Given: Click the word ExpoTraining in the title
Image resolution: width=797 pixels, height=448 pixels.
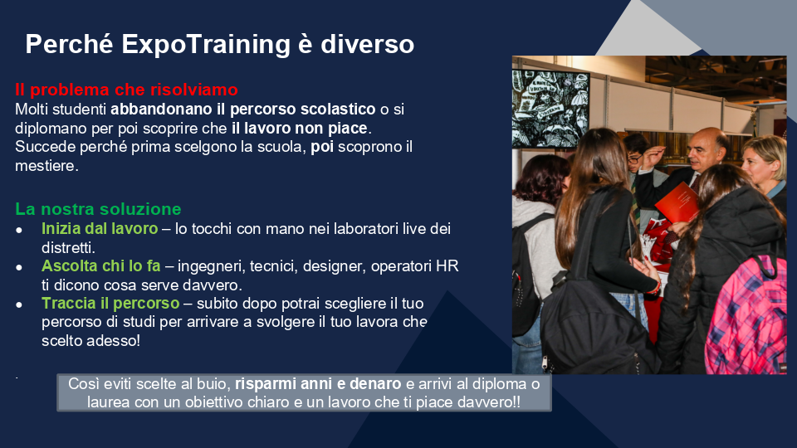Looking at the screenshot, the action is point(206,45).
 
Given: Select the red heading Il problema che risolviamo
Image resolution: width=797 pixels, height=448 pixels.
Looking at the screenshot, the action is point(126,90).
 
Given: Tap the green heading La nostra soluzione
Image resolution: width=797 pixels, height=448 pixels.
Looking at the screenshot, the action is point(98,209).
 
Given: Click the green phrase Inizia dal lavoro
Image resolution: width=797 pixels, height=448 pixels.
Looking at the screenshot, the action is point(100,229).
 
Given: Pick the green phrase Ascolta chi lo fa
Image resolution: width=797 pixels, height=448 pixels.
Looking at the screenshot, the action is point(101,265).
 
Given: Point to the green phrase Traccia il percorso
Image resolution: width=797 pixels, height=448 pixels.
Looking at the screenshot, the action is point(110,304).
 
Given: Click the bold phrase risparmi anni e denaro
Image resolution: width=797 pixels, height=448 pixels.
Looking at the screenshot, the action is point(318,383).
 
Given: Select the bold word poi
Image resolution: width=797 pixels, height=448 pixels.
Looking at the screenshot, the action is point(322,148).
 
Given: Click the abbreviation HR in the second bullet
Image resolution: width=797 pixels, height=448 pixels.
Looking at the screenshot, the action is point(447,266).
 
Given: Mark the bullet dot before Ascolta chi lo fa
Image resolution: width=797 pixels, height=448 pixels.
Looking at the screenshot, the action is point(19,267).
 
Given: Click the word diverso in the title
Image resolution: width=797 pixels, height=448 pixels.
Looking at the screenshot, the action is point(368,45).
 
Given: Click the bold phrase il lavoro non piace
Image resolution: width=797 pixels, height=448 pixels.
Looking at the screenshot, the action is point(300,128).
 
